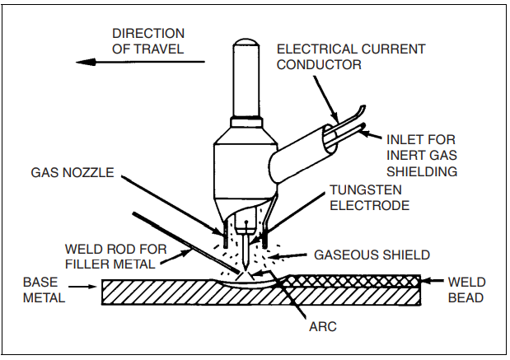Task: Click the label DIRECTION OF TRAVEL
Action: [148, 41]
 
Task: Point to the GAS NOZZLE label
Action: [72, 175]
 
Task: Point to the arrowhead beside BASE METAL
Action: [90, 288]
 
